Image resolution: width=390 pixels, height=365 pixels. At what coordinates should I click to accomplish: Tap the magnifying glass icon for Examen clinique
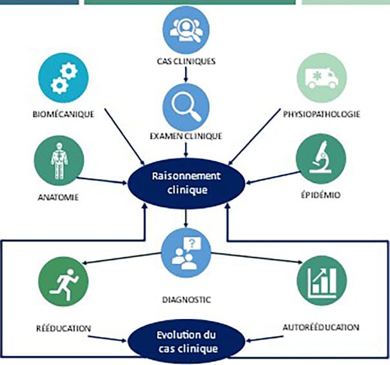pyautogui.click(x=186, y=105)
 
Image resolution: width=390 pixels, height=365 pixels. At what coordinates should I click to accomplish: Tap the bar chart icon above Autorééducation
pyautogui.click(x=321, y=281)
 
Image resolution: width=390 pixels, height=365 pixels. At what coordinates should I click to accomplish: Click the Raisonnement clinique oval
pyautogui.click(x=186, y=182)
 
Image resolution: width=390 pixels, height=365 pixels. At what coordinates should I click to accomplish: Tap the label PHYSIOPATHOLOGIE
pyautogui.click(x=321, y=115)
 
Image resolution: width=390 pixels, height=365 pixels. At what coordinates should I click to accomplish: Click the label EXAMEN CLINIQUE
pyautogui.click(x=186, y=136)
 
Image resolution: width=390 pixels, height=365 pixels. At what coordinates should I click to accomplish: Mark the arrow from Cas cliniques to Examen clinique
pyautogui.click(x=186, y=74)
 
